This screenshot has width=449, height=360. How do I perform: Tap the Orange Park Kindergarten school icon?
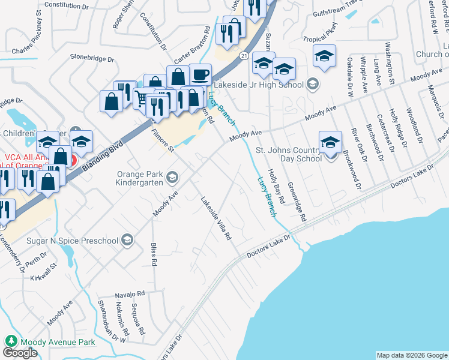coord(172,176)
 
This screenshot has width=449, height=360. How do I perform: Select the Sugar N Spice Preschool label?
coord(71,241)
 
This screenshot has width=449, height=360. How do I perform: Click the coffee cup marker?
coord(200,75)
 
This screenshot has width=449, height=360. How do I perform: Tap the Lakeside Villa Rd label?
coord(216,218)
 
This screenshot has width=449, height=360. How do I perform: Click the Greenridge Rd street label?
coord(297,202)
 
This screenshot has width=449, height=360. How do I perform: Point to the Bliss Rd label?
coord(154,254)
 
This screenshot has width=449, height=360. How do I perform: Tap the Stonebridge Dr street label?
coord(92,59)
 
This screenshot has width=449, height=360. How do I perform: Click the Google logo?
coord(20,353)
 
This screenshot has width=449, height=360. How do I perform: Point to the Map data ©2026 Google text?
coord(411,355)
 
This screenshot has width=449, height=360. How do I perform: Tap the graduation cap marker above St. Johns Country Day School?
coord(330,142)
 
